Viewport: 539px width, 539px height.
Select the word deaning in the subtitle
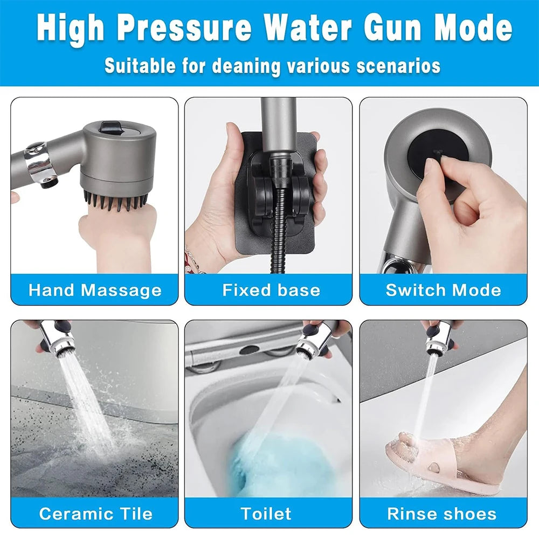pyautogui.click(x=247, y=66)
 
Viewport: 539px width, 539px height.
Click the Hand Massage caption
pyautogui.click(x=95, y=291)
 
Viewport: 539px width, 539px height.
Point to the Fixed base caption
pyautogui.click(x=271, y=291)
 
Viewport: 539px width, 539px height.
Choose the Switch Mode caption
pyautogui.click(x=443, y=291)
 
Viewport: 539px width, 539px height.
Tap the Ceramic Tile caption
pyautogui.click(x=95, y=513)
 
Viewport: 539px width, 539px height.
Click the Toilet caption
pyautogui.click(x=266, y=513)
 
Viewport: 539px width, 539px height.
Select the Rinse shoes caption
pyautogui.click(x=442, y=513)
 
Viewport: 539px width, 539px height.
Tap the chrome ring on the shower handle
pyautogui.click(x=41, y=164)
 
